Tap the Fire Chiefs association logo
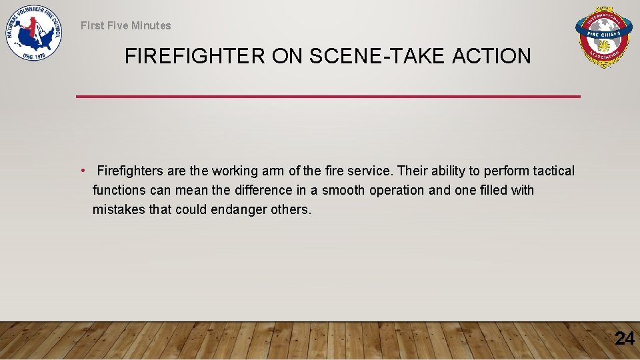(x=603, y=39)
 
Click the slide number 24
(x=624, y=339)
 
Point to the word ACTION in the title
(x=491, y=57)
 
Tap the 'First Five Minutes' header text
(x=125, y=25)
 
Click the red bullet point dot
(x=82, y=171)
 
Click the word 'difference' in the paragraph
(x=262, y=191)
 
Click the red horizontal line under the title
(x=328, y=97)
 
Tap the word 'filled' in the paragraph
(x=493, y=191)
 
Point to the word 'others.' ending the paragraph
(x=291, y=210)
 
